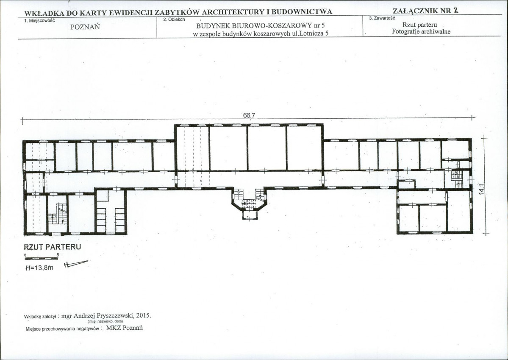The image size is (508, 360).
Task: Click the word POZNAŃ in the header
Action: [85, 27]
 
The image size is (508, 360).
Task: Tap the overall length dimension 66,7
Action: [249, 115]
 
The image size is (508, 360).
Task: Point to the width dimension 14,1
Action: [481, 190]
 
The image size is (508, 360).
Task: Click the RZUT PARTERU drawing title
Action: [53, 247]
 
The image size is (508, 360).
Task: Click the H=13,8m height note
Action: [39, 268]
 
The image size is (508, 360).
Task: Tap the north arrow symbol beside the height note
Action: [76, 264]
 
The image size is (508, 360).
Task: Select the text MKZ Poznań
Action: [125, 328]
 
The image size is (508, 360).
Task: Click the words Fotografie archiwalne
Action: [421, 31]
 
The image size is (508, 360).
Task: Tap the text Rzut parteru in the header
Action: [419, 25]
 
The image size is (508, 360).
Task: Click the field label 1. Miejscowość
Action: [39, 20]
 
